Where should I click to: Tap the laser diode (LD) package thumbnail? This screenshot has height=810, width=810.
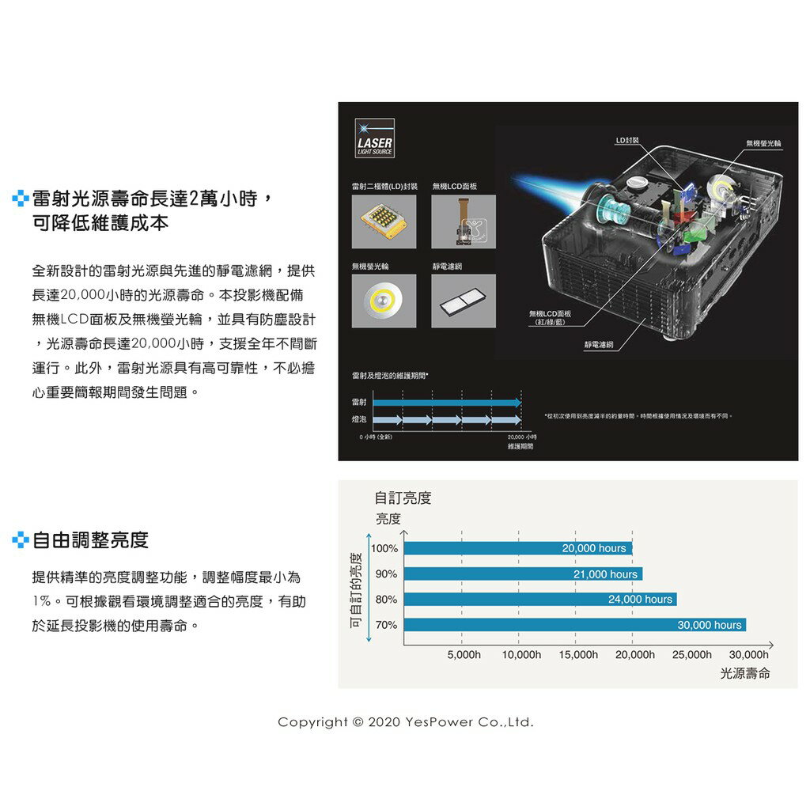pos(384,221)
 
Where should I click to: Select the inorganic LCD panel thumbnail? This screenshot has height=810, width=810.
pos(464,221)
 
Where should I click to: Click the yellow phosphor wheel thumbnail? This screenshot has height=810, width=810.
pos(384,301)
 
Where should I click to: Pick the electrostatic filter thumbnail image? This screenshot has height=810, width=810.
pos(464,301)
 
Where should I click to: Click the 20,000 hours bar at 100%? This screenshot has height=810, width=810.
pos(518,548)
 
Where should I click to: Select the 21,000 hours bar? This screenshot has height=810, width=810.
pos(523,573)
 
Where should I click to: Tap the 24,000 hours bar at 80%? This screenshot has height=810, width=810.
pos(540,599)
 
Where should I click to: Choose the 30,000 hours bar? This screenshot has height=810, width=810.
pos(575,625)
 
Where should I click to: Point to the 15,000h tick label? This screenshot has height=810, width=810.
pos(578,655)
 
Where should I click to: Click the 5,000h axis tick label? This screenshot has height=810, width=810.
pos(464,655)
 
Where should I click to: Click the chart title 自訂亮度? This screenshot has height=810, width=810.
pos(403,498)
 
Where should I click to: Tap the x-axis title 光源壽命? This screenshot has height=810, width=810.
pos(745,674)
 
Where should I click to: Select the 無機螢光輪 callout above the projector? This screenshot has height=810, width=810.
pos(763,143)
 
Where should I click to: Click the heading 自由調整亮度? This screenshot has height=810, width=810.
pos(90,541)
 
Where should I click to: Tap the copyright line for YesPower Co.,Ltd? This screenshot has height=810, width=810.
pos(406,722)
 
